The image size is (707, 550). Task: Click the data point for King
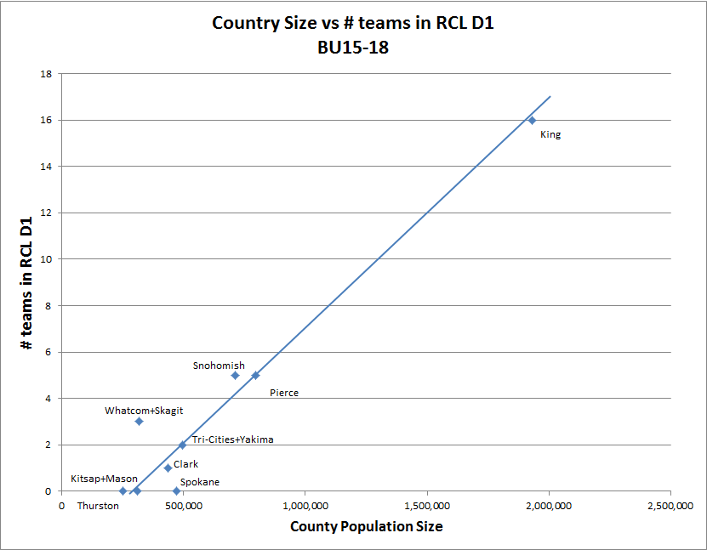(532, 120)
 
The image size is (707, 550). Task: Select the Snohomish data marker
(235, 375)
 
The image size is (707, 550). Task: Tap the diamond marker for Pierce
(255, 375)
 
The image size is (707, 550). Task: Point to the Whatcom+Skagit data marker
(139, 421)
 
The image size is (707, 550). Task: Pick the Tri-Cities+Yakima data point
(182, 445)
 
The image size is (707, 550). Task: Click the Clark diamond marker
(168, 468)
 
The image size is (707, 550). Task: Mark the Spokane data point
(177, 490)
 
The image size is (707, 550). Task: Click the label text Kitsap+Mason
(104, 479)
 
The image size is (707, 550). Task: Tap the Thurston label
(98, 506)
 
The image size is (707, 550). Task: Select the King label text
(550, 134)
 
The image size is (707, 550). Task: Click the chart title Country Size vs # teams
(353, 23)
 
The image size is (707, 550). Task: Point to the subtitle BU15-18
(353, 48)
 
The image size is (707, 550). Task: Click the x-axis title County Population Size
(366, 527)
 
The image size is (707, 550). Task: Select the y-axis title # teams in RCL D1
(28, 282)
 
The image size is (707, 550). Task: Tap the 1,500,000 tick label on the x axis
(427, 506)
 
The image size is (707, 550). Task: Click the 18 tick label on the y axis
(47, 74)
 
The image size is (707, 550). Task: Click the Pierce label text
(283, 393)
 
